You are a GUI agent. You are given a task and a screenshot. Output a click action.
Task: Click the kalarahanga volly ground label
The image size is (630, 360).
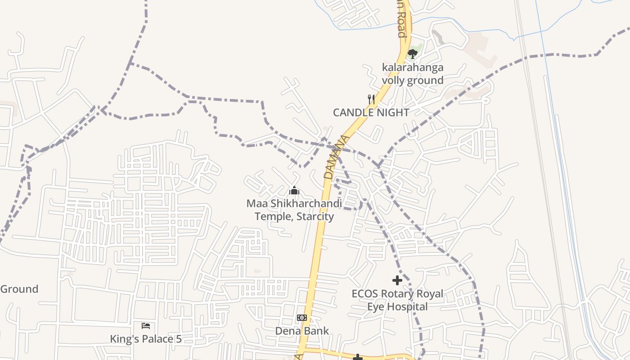413,74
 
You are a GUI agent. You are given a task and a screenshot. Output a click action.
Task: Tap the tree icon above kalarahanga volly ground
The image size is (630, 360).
413,54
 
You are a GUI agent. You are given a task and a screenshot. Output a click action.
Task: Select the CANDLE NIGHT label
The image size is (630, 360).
371,112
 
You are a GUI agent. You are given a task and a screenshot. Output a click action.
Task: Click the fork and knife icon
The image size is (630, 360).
371,99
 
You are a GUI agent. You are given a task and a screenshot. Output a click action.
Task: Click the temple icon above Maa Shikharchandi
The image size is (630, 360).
294,191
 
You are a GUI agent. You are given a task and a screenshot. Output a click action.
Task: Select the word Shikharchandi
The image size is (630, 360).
306,203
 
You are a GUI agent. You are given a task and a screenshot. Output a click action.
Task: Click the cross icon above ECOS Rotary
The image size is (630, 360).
397,280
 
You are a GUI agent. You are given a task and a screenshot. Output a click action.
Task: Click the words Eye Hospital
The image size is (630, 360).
397,307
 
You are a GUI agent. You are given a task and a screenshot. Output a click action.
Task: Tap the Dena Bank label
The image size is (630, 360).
302,331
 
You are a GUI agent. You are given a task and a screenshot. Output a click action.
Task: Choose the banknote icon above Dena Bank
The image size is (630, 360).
302,318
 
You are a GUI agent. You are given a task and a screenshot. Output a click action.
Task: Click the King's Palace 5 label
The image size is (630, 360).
146,339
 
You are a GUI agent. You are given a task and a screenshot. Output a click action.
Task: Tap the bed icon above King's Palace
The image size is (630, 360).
146,325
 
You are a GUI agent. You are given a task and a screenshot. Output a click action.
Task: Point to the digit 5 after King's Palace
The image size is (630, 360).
179,339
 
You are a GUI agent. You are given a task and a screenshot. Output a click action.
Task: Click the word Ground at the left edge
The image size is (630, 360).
19,289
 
